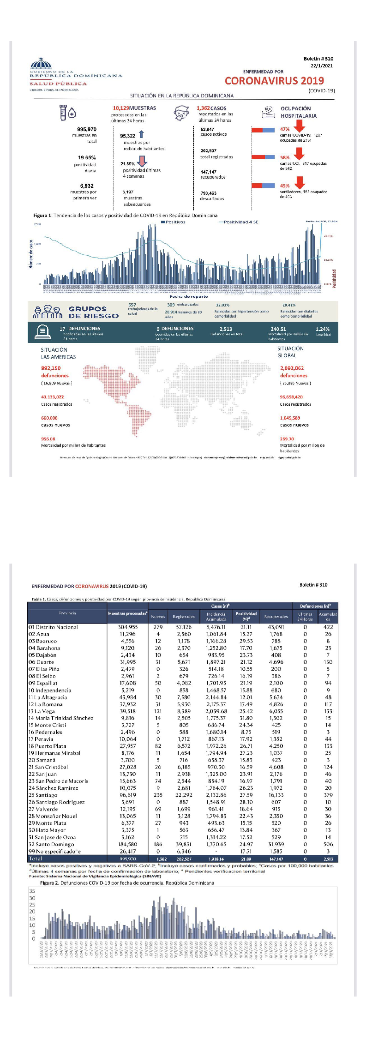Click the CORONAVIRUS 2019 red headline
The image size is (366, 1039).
(274, 81)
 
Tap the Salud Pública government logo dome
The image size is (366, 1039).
(41, 65)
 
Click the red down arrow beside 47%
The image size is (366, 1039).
(299, 125)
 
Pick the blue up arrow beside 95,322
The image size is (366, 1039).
(141, 134)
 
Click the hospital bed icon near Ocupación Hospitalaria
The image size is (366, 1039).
(268, 111)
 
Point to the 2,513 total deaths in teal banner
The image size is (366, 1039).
(226, 329)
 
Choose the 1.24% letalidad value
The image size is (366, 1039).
(323, 329)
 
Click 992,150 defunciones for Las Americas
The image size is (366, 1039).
(51, 368)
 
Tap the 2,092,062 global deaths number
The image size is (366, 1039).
(292, 368)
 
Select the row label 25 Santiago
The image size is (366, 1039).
(43, 795)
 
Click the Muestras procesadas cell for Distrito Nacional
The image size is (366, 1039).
(128, 627)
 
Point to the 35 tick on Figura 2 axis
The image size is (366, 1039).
(32, 891)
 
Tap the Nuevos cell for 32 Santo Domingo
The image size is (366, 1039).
(158, 844)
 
